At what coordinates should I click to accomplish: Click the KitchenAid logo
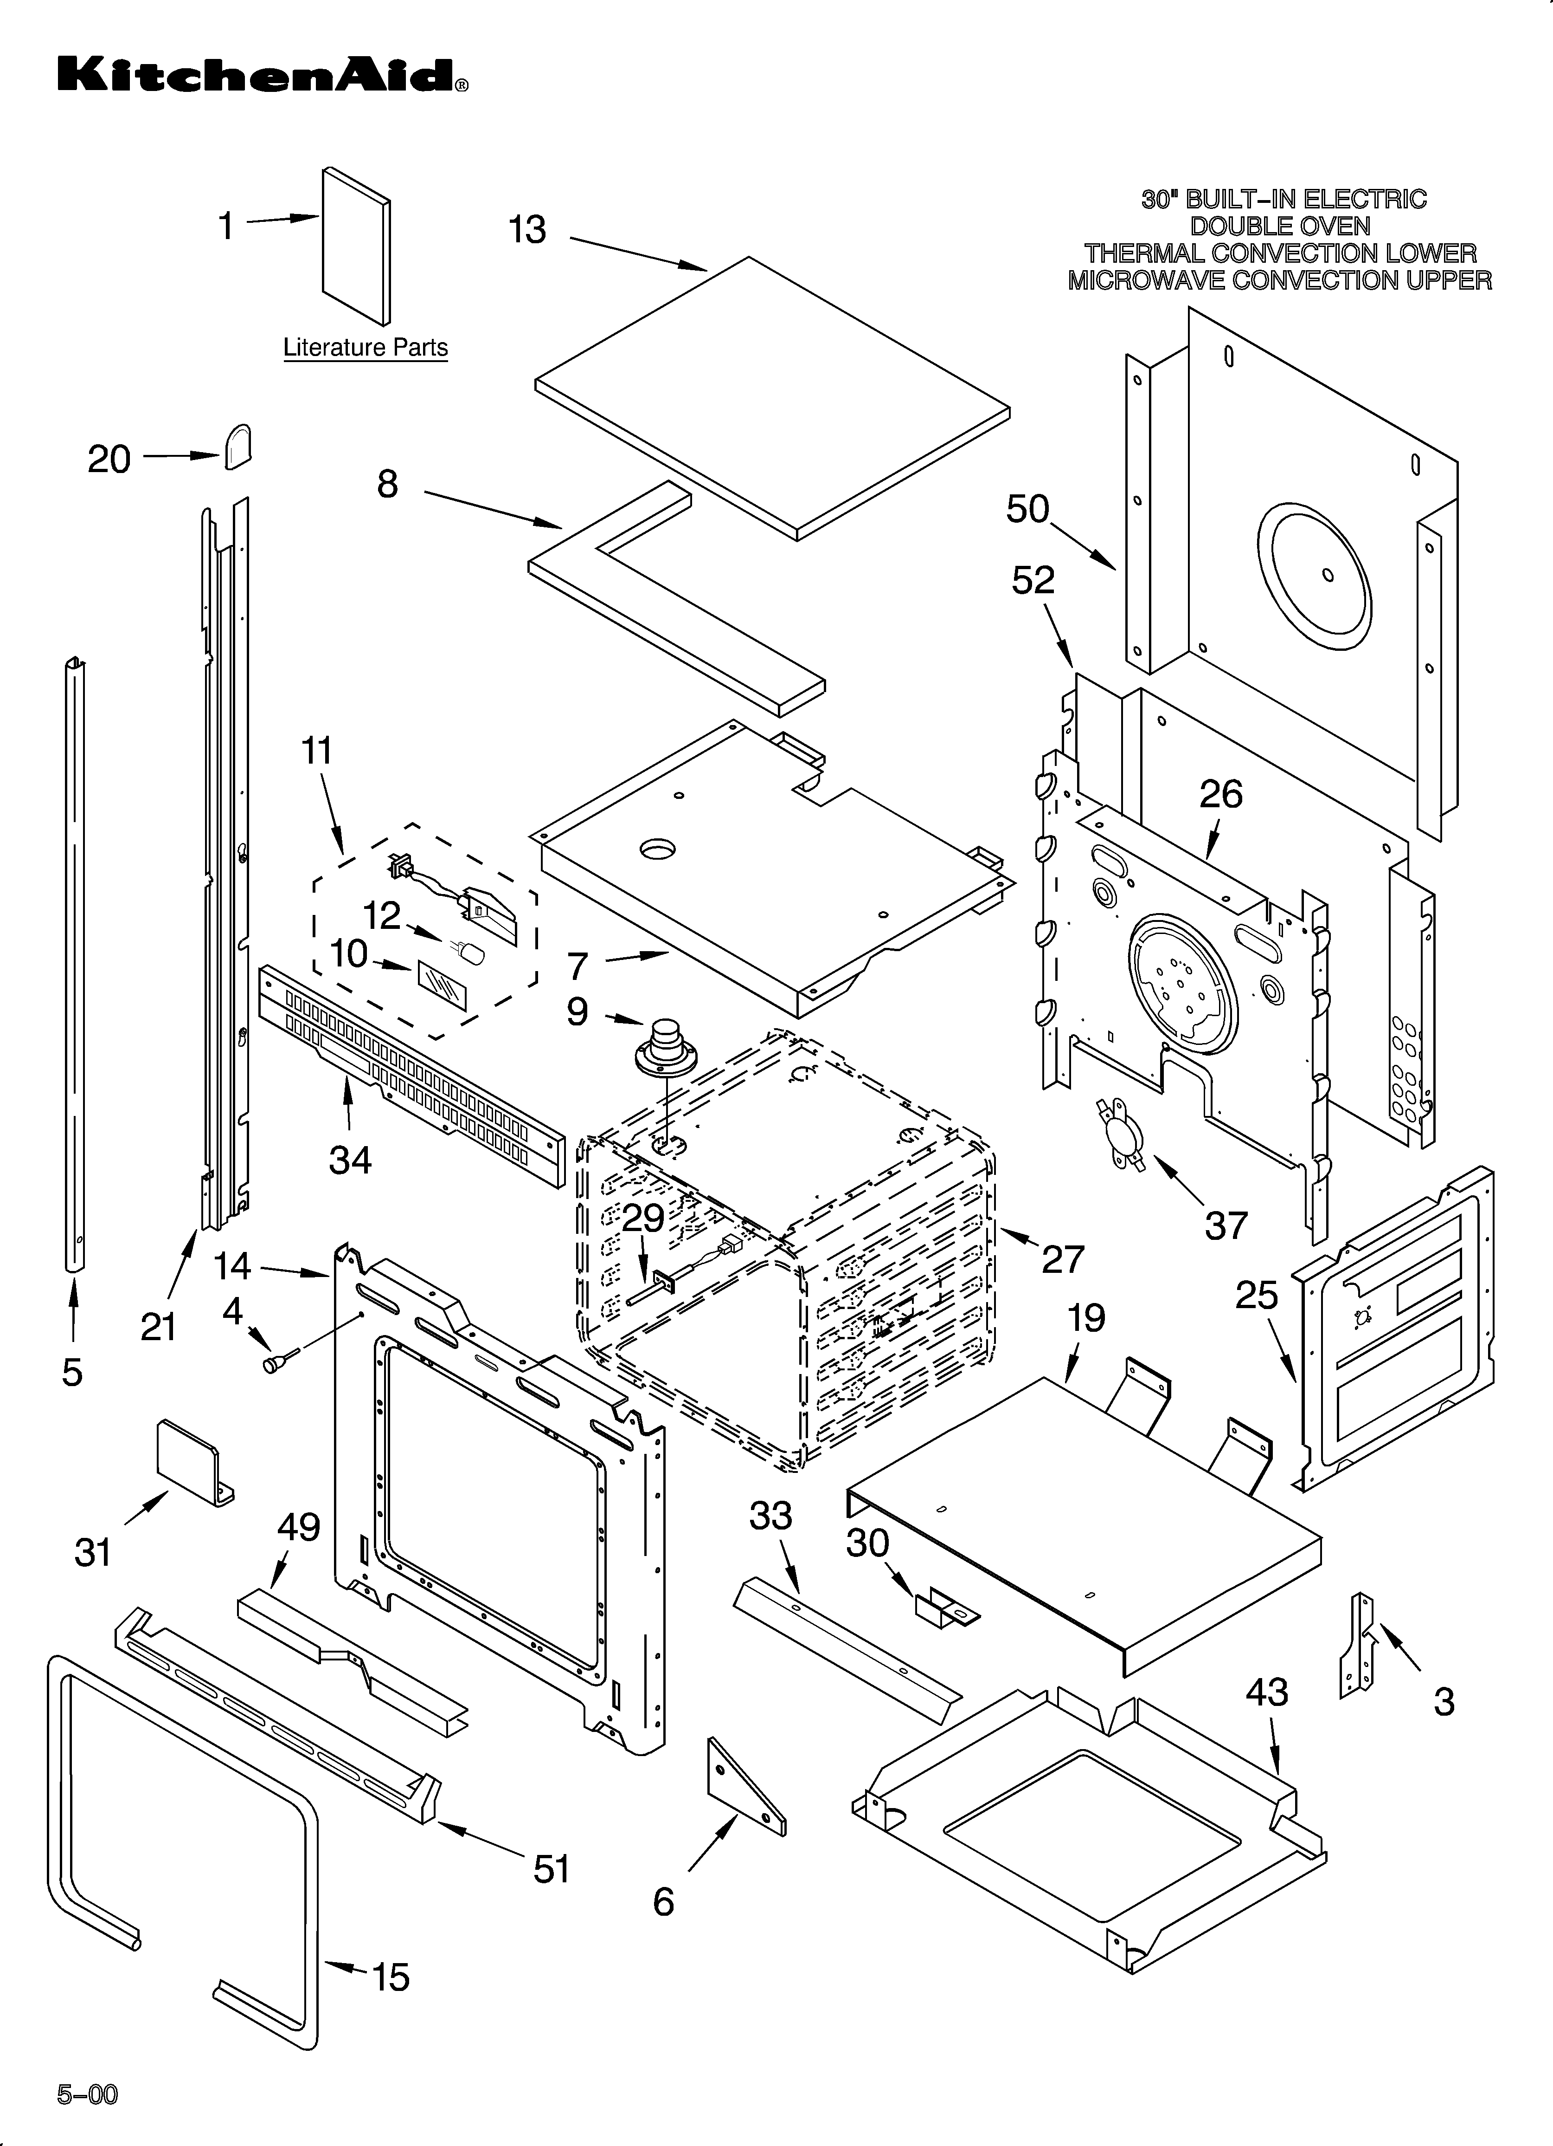tap(263, 75)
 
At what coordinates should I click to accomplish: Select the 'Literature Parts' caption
tap(365, 348)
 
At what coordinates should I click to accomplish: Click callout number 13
tap(528, 230)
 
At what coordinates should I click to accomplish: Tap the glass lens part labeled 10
tap(441, 991)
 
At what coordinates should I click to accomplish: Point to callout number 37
tap(1227, 1225)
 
